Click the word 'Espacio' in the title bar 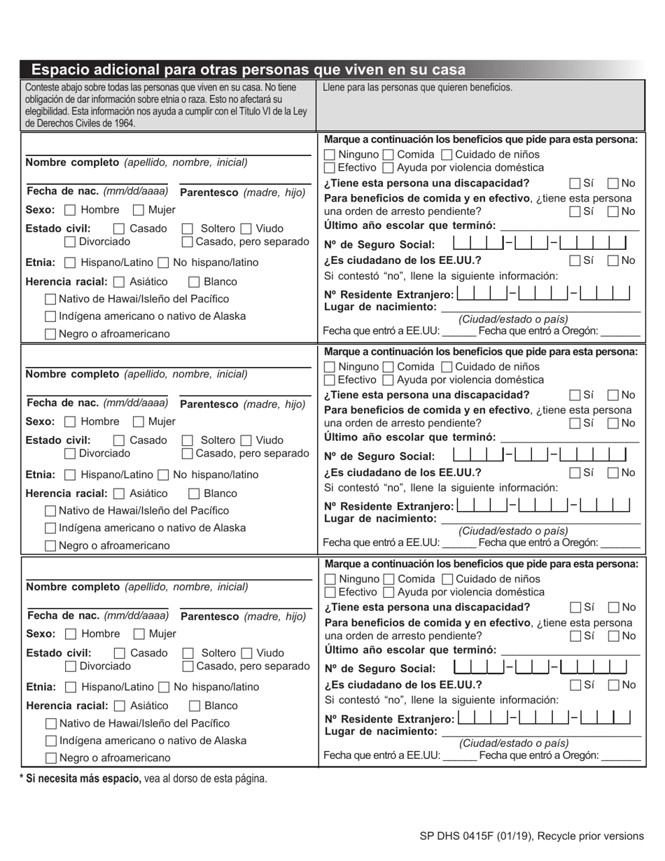pos(62,69)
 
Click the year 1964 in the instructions pos(122,123)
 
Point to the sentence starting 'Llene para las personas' pos(417,87)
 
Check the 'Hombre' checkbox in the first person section pos(70,210)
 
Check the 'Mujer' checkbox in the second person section pos(139,422)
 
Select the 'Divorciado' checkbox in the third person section pos(71,666)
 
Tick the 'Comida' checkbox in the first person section pos(388,154)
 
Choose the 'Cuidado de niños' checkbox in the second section pos(447,367)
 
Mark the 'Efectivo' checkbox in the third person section pos(330,592)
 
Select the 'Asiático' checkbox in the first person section pos(118,282)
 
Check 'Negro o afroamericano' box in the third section pos(50,757)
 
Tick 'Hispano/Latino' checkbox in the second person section pos(70,475)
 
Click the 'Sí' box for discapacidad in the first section pos(575,183)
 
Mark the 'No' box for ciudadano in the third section pos(613,685)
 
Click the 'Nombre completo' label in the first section pos(72,162)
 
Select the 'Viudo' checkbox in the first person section pos(246,228)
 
